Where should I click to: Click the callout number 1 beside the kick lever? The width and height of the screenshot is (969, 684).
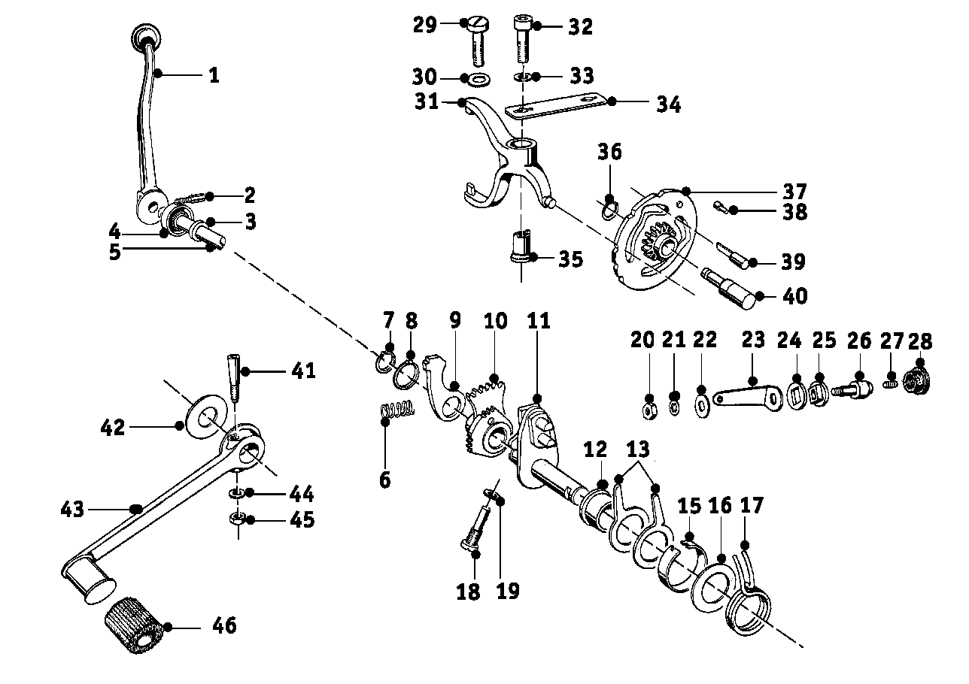click(214, 75)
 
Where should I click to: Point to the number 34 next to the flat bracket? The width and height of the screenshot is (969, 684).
click(667, 104)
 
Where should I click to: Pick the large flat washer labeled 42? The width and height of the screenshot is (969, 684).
click(204, 415)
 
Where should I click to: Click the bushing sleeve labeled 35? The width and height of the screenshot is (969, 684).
click(521, 248)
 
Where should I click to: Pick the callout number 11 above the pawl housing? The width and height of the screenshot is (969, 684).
click(539, 322)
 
